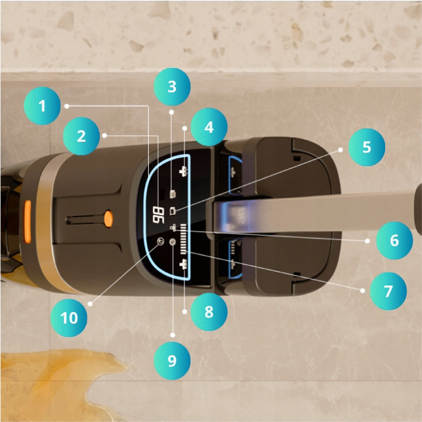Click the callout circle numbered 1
point(42,106)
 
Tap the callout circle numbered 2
point(81,136)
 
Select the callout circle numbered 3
point(172,87)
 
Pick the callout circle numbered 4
point(209,127)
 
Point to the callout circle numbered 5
point(367,147)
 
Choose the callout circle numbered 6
point(394,240)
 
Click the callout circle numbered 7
point(388,291)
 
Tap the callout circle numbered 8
point(209,312)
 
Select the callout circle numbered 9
point(172,361)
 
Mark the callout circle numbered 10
point(69,318)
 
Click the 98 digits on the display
point(158,215)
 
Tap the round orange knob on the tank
point(108,218)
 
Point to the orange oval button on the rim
point(28,221)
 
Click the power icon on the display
point(160,241)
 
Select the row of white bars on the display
point(184,239)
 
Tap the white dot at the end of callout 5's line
point(340,150)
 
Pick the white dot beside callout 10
point(90,304)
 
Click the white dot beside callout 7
point(363,291)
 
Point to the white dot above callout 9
point(173,335)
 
